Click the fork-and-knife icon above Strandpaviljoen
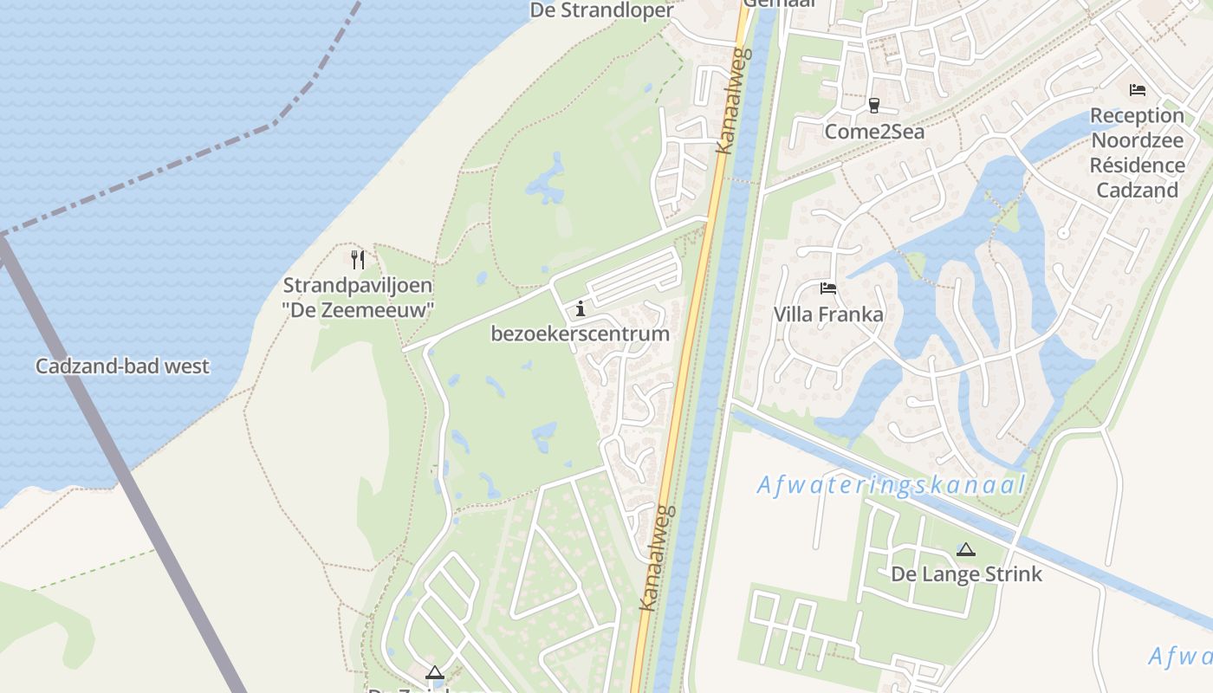[x=357, y=259]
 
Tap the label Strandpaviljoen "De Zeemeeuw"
[x=358, y=297]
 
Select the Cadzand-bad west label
[x=122, y=366]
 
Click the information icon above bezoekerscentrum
[x=580, y=308]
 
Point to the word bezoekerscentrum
[x=580, y=334]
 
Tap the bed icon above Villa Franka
[x=828, y=288]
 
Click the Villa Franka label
[x=828, y=314]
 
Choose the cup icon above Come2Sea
[x=873, y=106]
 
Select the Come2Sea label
[x=873, y=132]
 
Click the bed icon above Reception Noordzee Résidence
[x=1137, y=90]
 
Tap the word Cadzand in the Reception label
[x=1137, y=191]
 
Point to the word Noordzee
[x=1137, y=140]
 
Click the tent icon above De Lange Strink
[x=965, y=549]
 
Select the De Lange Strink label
[x=966, y=574]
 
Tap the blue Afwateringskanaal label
[x=891, y=485]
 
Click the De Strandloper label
[x=601, y=10]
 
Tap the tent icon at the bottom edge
[x=434, y=672]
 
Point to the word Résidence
[x=1137, y=165]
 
